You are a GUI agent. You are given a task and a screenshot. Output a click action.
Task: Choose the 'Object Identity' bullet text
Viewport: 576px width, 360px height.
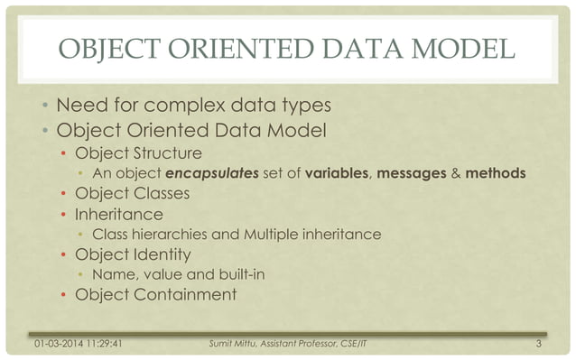[134, 254]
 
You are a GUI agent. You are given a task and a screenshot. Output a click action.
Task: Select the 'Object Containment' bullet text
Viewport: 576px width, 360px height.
[155, 294]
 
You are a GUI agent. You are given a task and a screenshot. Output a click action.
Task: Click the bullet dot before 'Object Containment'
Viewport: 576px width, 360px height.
[63, 295]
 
